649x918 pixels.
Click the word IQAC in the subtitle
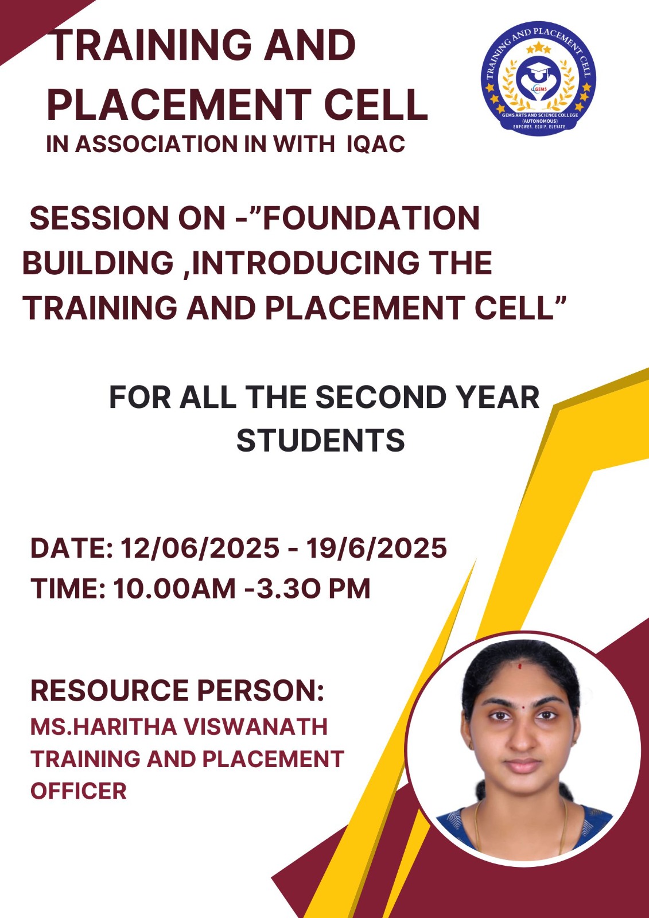point(375,144)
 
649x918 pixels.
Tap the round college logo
point(538,79)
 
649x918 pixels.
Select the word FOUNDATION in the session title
point(371,218)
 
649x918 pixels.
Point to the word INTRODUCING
point(305,263)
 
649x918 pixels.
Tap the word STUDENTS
point(321,441)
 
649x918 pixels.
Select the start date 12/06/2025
point(200,549)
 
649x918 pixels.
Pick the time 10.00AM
point(174,589)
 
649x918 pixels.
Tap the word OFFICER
point(79,791)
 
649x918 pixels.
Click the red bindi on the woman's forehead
point(520,667)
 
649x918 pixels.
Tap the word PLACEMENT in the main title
point(182,103)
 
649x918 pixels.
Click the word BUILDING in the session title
point(98,263)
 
